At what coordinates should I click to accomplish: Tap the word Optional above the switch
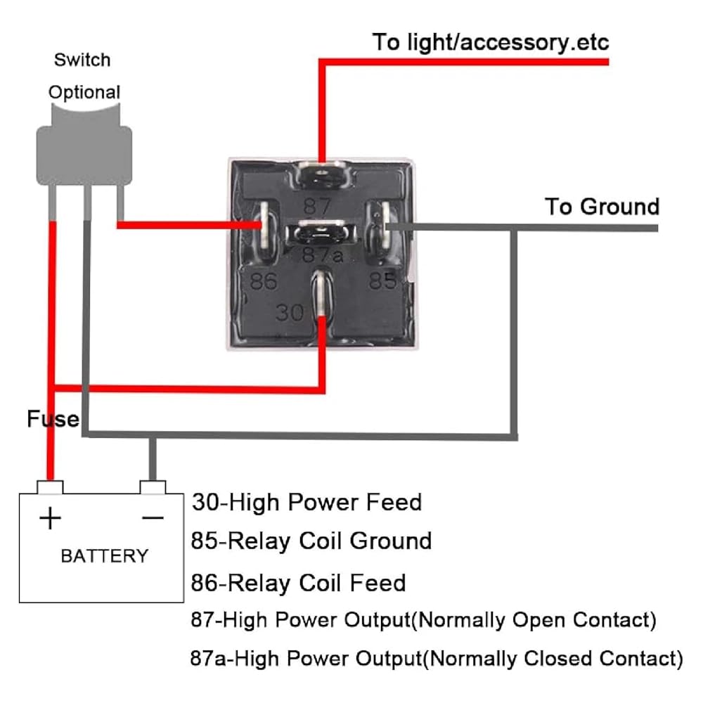[x=84, y=92]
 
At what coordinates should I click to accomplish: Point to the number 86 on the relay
[x=264, y=281]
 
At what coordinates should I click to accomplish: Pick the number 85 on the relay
[x=383, y=281]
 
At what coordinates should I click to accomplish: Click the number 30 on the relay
[x=289, y=311]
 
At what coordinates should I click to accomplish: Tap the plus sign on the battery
[x=50, y=519]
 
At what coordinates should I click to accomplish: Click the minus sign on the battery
[x=153, y=518]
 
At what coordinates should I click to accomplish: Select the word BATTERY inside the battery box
[x=105, y=556]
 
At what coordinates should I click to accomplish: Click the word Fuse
[x=53, y=419]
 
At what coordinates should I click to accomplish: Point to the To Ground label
[x=602, y=207]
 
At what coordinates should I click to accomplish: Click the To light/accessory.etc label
[x=491, y=42]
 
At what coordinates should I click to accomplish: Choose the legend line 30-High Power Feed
[x=307, y=503]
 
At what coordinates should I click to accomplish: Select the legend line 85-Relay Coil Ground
[x=311, y=541]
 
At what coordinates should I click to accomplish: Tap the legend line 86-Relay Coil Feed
[x=299, y=583]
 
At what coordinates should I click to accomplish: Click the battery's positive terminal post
[x=51, y=487]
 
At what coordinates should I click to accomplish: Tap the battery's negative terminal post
[x=153, y=487]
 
